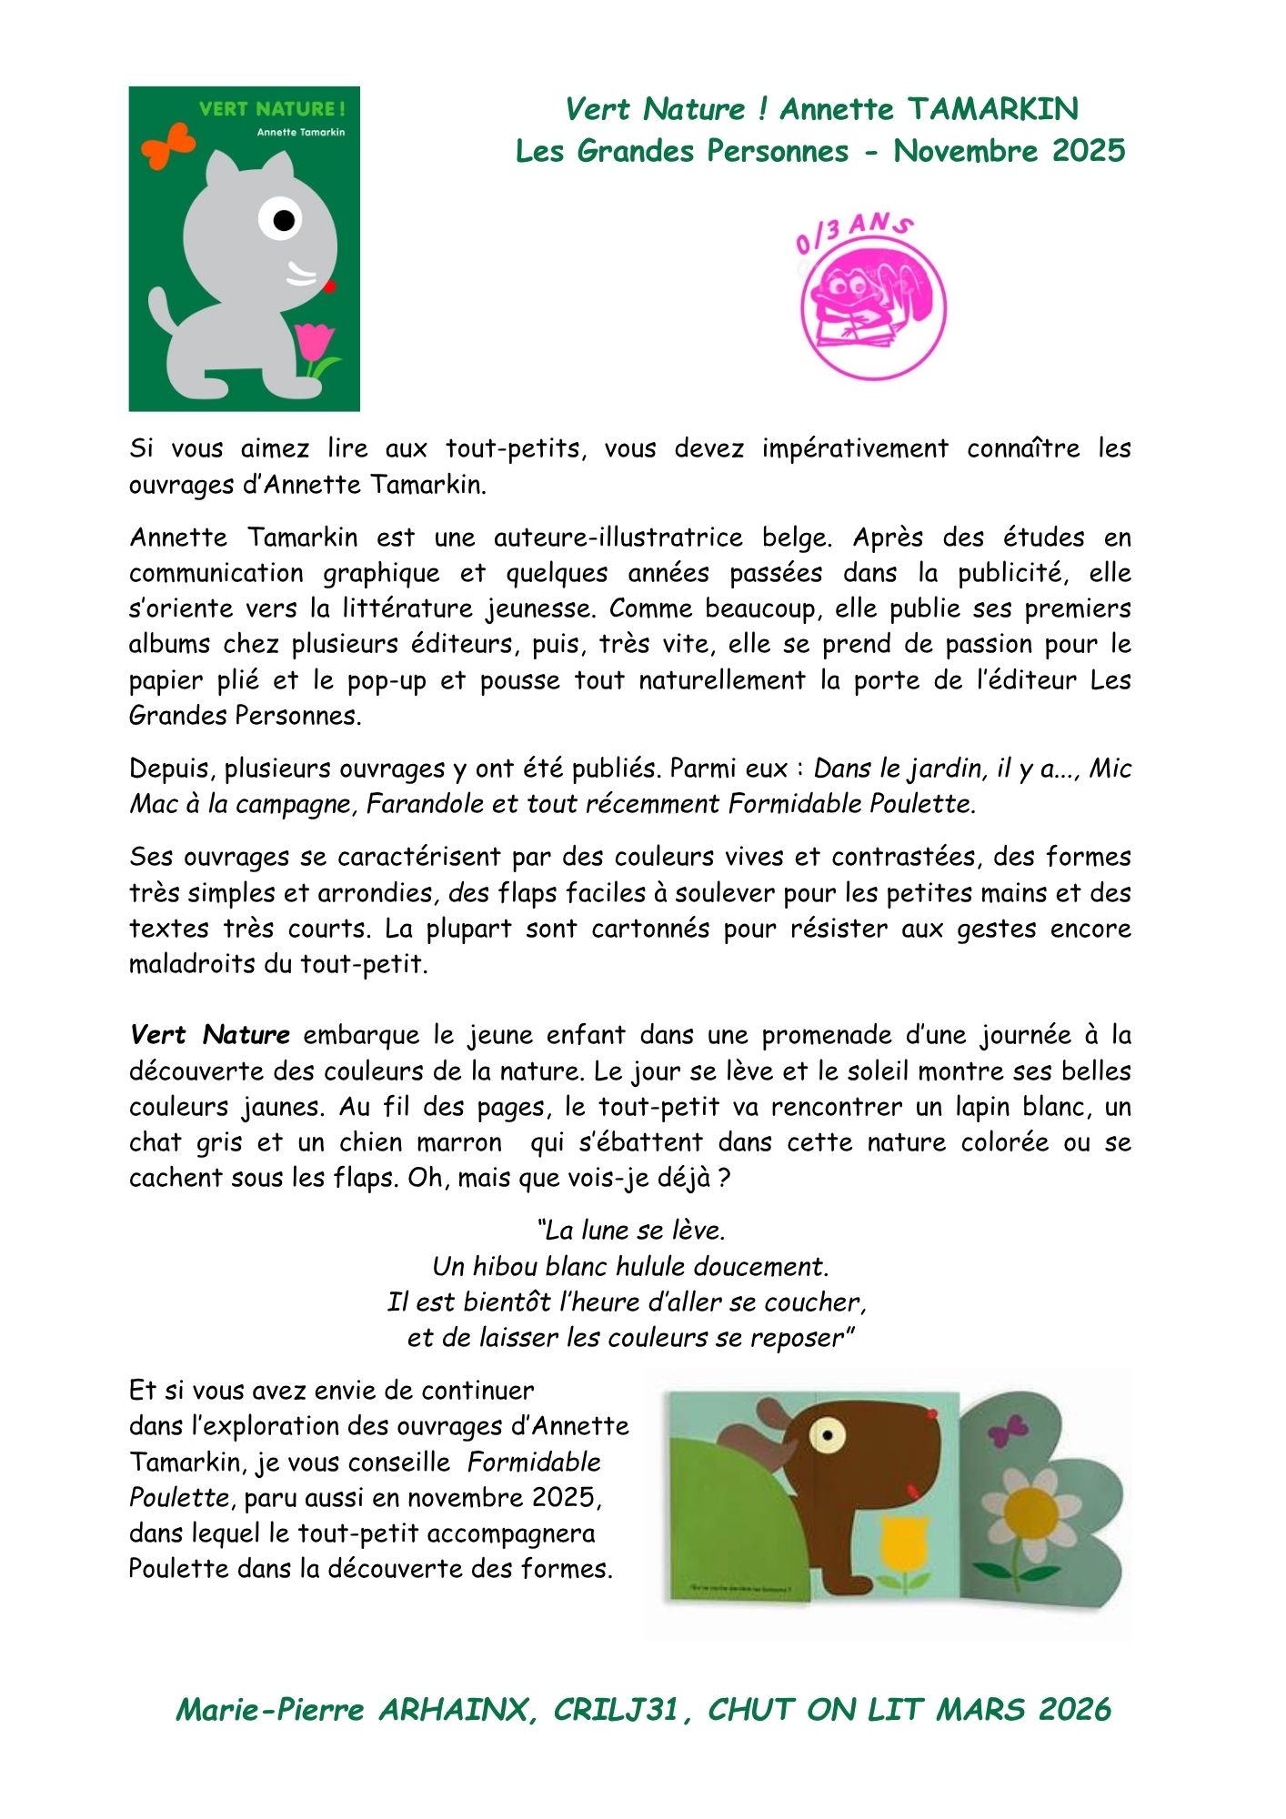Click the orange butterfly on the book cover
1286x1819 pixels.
168,146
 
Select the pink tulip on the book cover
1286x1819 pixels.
314,344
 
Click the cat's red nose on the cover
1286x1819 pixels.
329,286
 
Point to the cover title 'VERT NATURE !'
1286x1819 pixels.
272,109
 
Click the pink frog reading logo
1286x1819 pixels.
872,307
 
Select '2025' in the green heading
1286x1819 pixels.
1089,151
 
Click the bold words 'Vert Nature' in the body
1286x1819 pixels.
210,1035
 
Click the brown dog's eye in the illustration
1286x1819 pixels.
827,1436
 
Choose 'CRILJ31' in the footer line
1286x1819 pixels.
616,1710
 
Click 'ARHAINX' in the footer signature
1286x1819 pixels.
452,1710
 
